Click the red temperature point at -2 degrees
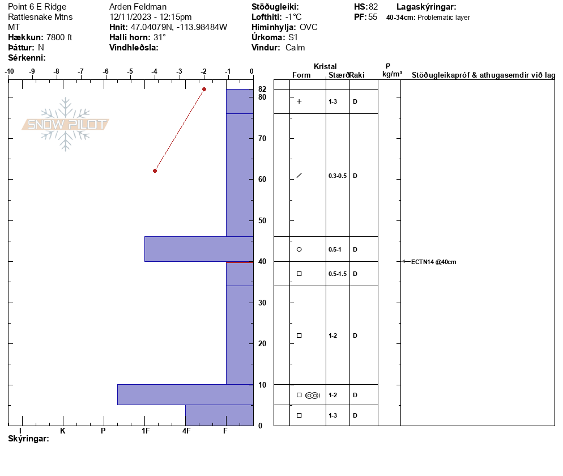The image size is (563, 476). coord(204,89)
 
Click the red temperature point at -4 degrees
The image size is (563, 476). coord(155,171)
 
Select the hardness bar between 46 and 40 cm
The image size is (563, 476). coord(199,249)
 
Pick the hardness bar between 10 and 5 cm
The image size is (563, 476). coord(185,395)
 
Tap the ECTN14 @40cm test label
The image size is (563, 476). coord(434,262)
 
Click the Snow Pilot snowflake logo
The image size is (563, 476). coord(65,124)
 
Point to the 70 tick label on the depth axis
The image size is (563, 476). coord(262,138)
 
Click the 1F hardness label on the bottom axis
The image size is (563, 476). coord(146,431)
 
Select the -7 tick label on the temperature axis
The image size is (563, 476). coord(81,71)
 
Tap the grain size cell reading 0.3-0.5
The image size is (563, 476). coord(338,176)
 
